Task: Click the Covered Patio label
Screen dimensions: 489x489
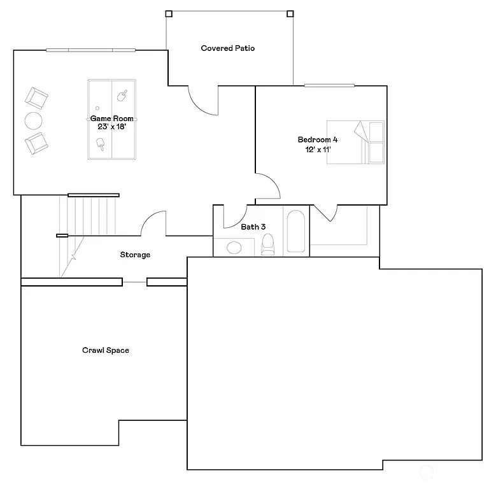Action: (x=227, y=48)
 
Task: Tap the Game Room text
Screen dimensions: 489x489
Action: (x=111, y=118)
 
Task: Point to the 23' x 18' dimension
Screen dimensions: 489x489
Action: (x=111, y=127)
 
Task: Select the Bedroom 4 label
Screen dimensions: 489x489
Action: (x=318, y=140)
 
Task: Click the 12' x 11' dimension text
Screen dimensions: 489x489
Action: (x=318, y=150)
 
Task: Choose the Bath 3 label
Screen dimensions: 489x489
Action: (x=253, y=227)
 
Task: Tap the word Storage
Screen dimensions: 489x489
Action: (x=135, y=255)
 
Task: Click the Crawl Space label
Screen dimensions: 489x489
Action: (x=105, y=350)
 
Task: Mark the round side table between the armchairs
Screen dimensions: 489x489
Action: (x=34, y=120)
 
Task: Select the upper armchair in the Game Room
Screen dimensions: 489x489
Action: (x=36, y=99)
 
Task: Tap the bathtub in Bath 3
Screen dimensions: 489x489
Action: (x=295, y=232)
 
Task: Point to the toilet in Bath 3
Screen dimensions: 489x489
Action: (x=267, y=244)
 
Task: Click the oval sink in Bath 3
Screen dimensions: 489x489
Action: (x=234, y=248)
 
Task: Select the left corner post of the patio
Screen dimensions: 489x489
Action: (x=169, y=13)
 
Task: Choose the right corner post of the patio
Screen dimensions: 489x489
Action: (x=290, y=13)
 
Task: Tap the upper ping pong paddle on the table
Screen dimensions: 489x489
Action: (x=122, y=96)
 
